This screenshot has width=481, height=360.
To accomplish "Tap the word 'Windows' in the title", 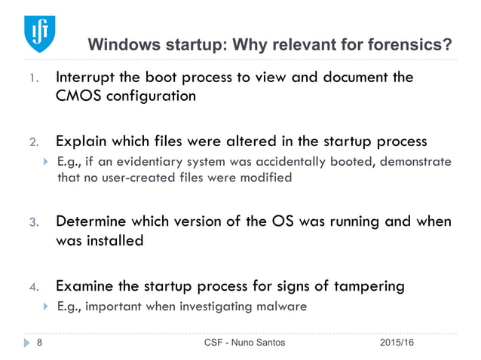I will coord(123,45).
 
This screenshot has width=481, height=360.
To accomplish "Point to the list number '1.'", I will coord(33,78).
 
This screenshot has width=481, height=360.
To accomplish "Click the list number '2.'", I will coord(33,142).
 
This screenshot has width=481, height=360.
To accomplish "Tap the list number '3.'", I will coord(33,222).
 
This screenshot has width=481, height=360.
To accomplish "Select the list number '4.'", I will coord(33,287).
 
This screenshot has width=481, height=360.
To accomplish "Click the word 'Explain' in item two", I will coord(81,141).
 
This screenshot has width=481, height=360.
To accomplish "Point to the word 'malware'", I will coord(280,307).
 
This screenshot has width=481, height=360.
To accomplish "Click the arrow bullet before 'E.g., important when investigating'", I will coord(44,307).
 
